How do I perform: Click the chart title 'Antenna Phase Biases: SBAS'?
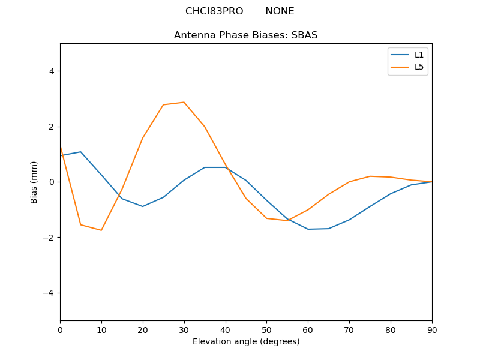[x=245, y=35]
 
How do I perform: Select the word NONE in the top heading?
[x=280, y=11]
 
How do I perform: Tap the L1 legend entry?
[x=419, y=55]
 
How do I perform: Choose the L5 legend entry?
[x=419, y=67]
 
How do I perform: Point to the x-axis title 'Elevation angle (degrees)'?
[x=245, y=342]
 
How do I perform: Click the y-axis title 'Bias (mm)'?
[x=34, y=182]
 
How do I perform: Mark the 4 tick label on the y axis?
[x=51, y=71]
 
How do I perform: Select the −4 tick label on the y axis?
[x=49, y=293]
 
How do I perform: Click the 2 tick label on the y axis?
[x=51, y=127]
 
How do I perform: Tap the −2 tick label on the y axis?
[x=49, y=238]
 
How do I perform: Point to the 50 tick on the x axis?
[x=266, y=330]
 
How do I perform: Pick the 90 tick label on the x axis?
[x=432, y=330]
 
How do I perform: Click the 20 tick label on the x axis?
[x=143, y=330]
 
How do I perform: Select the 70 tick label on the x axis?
[x=349, y=330]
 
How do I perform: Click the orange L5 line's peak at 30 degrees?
[x=184, y=102]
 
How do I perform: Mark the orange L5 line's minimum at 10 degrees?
[x=101, y=230]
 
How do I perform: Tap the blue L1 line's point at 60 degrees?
[x=308, y=229]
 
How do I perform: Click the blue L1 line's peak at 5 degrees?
[x=80, y=152]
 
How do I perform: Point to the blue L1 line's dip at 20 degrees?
[x=143, y=206]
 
